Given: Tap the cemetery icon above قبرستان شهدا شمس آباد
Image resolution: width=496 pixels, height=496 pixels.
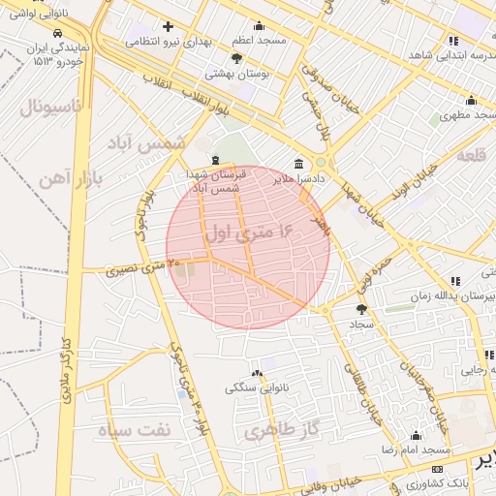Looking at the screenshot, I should click(x=215, y=160).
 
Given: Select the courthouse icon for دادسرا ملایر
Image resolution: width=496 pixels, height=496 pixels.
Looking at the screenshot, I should click(x=297, y=164).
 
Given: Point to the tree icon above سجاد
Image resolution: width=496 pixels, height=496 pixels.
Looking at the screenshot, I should click(x=362, y=309).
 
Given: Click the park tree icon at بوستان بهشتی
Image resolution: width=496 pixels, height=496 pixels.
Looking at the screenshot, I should click(x=237, y=58).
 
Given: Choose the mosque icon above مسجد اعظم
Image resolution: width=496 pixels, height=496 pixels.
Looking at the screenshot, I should click(x=259, y=26).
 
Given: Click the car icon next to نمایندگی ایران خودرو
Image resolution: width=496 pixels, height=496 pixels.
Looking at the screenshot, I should click(x=60, y=31).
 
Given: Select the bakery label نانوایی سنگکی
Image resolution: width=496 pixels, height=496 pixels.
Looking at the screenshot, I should click(x=257, y=387).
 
